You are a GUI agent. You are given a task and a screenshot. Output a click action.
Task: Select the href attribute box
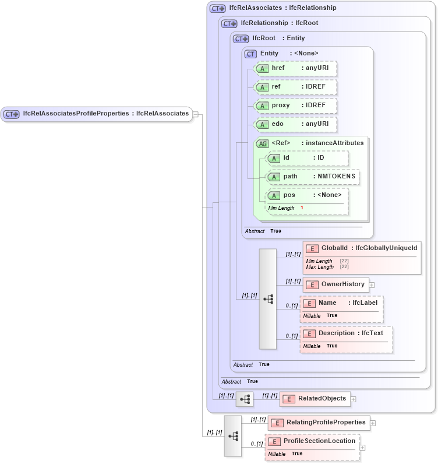tap(296, 69)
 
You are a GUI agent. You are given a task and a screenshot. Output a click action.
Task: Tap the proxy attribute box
tap(296, 106)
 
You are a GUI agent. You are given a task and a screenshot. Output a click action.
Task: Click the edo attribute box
tap(296, 124)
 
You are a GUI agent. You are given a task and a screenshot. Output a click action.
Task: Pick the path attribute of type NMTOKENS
tap(312, 177)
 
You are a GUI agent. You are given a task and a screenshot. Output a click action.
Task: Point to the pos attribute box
tap(307, 195)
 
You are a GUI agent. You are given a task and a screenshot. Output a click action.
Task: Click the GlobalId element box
tap(362, 248)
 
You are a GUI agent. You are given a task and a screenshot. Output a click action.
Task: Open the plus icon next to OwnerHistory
tap(372, 285)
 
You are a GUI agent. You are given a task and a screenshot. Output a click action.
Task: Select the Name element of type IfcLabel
tap(341, 303)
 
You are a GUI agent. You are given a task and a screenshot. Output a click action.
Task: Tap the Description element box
tap(345, 333)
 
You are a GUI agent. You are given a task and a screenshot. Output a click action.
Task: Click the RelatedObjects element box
tap(315, 399)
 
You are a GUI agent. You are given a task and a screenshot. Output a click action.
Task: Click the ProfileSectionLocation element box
tap(312, 441)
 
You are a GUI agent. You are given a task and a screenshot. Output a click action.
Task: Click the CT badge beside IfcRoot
tap(241, 38)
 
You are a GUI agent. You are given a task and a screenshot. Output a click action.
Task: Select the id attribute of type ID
tap(307, 158)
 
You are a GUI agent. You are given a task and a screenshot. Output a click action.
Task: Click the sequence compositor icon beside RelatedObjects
tap(245, 399)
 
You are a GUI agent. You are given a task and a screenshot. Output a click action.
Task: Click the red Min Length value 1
tap(302, 208)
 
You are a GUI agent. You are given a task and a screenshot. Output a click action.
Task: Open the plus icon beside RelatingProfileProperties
tap(373, 423)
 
